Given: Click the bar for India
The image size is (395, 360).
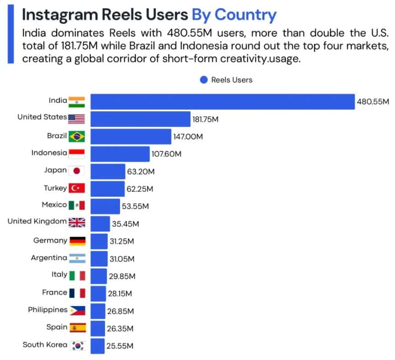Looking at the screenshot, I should click(222, 101).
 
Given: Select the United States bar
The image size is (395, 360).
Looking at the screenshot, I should click(140, 119).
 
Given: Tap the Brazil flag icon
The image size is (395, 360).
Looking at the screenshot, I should click(77, 136).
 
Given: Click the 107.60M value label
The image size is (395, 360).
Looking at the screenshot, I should click(166, 154).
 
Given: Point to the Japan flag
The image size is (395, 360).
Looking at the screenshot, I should click(77, 171).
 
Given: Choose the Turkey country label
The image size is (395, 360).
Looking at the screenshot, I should click(55, 188).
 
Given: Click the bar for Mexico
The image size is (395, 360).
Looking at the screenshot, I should click(105, 206).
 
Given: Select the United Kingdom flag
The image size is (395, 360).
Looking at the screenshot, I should click(77, 222).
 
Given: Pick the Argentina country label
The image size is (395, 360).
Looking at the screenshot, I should click(49, 258).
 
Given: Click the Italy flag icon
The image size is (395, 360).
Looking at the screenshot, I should click(77, 275).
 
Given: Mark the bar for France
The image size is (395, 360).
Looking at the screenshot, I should click(98, 293).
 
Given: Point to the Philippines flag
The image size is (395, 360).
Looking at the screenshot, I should click(77, 310).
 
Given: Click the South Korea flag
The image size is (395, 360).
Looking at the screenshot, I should click(77, 345).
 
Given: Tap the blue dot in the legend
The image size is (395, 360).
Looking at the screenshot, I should click(204, 80).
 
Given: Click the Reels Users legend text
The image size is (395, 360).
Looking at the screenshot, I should click(232, 80).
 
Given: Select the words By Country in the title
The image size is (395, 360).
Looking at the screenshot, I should click(234, 15).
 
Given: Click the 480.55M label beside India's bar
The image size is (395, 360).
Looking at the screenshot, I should click(372, 102).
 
